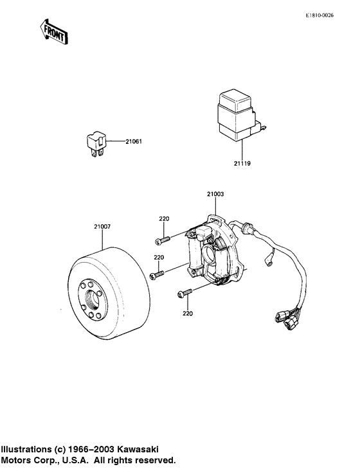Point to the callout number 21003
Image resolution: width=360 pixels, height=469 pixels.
pyautogui.click(x=215, y=193)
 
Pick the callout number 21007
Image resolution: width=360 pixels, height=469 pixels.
pyautogui.click(x=102, y=226)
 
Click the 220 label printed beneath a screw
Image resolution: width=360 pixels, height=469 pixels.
pyautogui.click(x=188, y=314)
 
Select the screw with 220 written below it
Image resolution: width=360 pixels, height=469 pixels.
pyautogui.click(x=184, y=294)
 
